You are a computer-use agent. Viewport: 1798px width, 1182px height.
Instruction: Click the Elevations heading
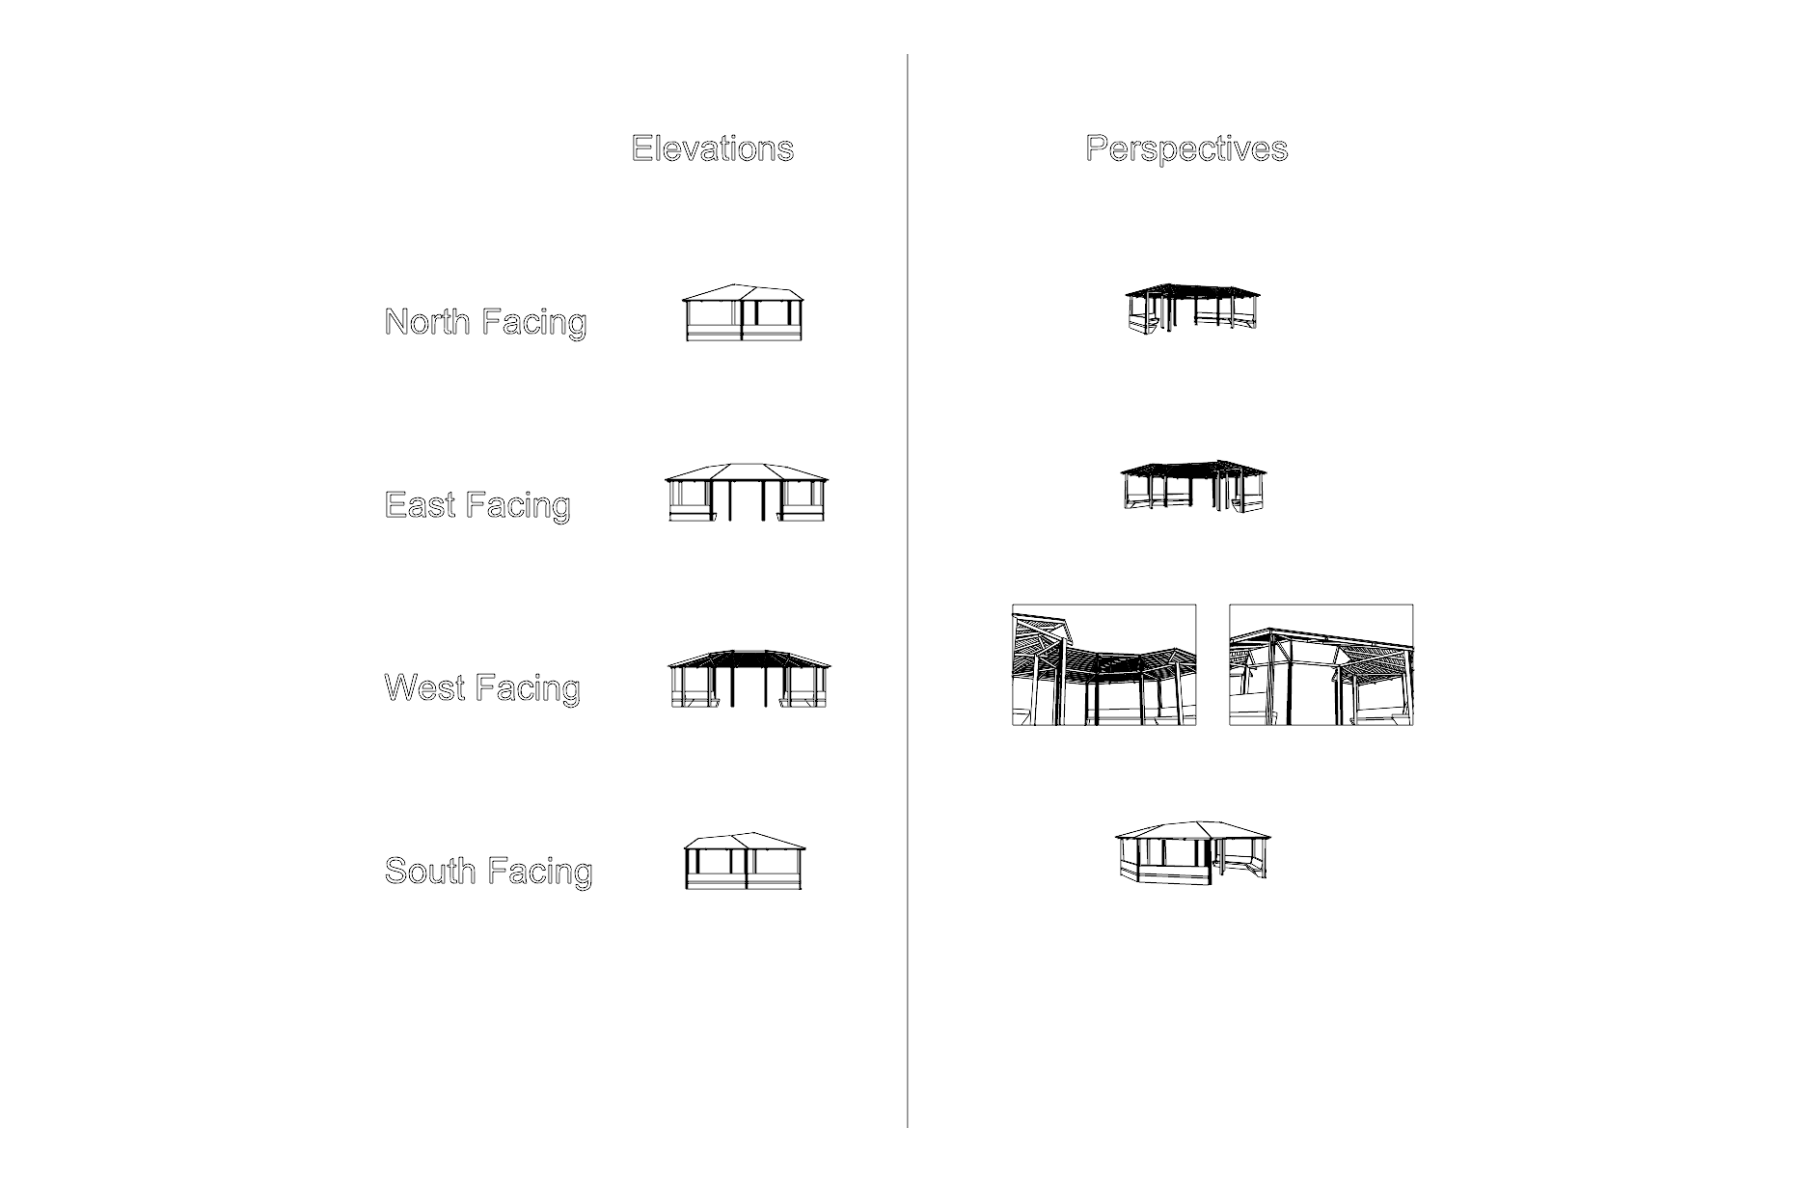click(x=712, y=148)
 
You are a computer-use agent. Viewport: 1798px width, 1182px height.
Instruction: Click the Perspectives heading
click(x=1186, y=148)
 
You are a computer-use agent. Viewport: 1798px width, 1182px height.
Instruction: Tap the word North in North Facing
click(x=427, y=321)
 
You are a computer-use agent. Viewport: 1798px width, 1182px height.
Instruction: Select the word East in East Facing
click(x=420, y=504)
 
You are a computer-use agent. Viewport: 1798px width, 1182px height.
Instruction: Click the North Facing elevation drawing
click(x=744, y=312)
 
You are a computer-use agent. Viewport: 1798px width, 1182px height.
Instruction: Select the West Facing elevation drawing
click(x=749, y=679)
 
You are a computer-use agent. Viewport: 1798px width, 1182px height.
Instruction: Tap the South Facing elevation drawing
click(x=744, y=861)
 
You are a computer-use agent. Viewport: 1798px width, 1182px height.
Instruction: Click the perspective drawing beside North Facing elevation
click(x=1192, y=309)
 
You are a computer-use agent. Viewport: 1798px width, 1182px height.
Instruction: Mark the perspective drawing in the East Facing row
click(x=1193, y=486)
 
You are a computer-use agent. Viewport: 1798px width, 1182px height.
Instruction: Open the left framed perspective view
click(x=1104, y=665)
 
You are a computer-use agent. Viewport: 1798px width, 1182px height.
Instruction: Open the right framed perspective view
click(x=1321, y=665)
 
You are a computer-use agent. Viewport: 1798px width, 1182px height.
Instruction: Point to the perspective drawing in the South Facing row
click(x=1193, y=850)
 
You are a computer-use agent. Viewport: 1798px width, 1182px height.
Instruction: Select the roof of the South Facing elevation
click(x=744, y=842)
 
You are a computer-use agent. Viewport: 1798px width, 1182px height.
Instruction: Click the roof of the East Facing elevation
click(x=747, y=471)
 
